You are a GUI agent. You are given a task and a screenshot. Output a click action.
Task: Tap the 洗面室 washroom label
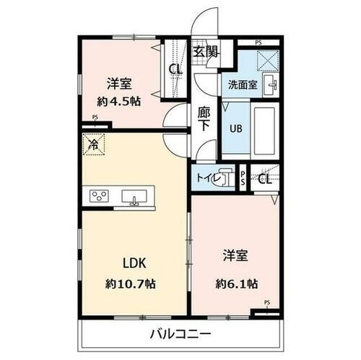tap(243, 85)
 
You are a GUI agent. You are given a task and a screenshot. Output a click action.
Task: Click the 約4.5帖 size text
tap(121, 101)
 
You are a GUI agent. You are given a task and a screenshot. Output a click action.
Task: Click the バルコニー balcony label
tap(180, 333)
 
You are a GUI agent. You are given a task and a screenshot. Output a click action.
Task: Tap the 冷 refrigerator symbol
tap(94, 144)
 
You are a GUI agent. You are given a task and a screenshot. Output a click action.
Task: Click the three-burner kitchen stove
tap(100, 196)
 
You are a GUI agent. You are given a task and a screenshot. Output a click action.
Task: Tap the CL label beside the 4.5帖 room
tap(175, 69)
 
